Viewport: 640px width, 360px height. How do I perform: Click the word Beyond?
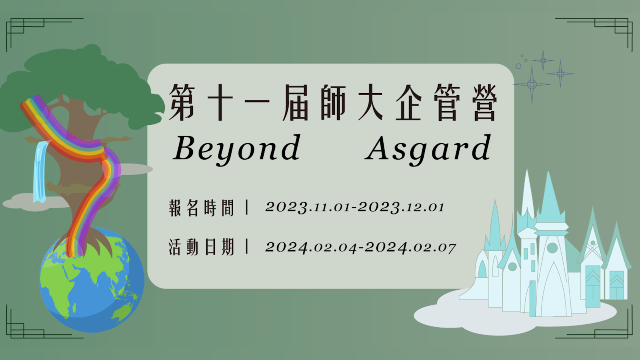pos(236,149)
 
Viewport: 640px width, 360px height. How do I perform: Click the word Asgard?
pos(428,149)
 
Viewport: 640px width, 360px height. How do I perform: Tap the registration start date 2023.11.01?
pos(308,207)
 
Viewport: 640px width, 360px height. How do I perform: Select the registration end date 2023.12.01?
pos(401,207)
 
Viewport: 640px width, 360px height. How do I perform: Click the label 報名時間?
pos(202,208)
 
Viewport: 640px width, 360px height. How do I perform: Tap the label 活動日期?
pos(202,247)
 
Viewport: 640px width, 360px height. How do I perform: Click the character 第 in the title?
pos(182,102)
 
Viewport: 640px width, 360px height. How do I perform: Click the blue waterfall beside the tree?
pos(40,172)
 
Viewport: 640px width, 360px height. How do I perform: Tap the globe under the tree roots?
pos(92,280)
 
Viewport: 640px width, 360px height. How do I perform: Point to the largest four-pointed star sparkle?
pos(532,84)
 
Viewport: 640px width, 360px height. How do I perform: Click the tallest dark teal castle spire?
pos(548,197)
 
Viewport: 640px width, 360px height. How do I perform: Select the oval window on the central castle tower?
pos(552,248)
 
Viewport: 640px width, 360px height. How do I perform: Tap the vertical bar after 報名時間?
pos(247,208)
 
